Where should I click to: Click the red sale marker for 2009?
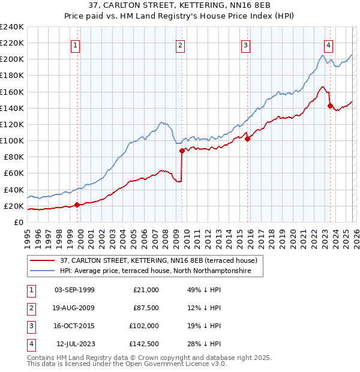point(182,151)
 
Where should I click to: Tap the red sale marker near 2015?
point(248,139)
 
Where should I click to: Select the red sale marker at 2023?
point(330,106)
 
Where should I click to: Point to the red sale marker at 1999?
point(77,205)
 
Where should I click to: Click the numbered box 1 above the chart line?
point(76,44)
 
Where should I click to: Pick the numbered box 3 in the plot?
point(246,44)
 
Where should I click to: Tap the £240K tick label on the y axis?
point(12,27)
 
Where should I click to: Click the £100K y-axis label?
point(12,140)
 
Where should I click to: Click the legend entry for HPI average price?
point(161,271)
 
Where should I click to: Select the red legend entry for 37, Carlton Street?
point(158,260)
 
